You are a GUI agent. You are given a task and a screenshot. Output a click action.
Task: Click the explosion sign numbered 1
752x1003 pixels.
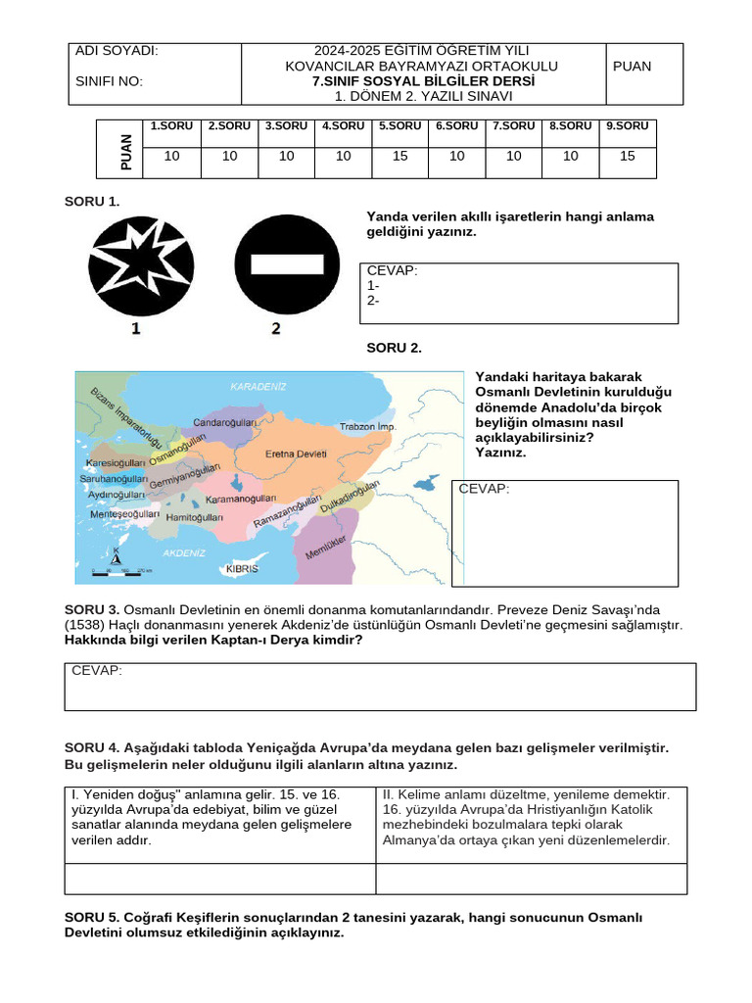pyautogui.click(x=138, y=265)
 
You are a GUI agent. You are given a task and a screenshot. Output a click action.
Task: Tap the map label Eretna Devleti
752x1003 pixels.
pyautogui.click(x=297, y=454)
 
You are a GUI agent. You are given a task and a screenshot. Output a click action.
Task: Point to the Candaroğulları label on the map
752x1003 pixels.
pyautogui.click(x=224, y=422)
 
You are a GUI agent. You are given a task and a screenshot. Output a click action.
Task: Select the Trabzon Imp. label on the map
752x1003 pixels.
pyautogui.click(x=367, y=427)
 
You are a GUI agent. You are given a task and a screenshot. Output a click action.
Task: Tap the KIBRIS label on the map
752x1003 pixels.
pyautogui.click(x=242, y=568)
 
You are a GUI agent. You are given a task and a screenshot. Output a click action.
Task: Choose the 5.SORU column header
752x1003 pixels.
pyautogui.click(x=399, y=126)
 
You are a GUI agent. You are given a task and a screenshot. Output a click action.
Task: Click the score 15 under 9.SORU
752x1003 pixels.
pyautogui.click(x=627, y=156)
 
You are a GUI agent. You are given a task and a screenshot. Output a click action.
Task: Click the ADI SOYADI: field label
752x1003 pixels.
pyautogui.click(x=117, y=51)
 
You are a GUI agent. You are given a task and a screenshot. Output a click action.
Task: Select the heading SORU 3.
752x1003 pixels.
pyautogui.click(x=92, y=609)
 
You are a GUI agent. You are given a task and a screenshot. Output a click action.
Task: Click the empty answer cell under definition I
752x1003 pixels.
pyautogui.click(x=219, y=879)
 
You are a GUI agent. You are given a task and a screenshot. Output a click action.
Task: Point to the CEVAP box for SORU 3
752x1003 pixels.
pyautogui.click(x=380, y=686)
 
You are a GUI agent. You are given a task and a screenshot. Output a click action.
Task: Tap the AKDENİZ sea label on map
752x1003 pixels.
pyautogui.click(x=183, y=552)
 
